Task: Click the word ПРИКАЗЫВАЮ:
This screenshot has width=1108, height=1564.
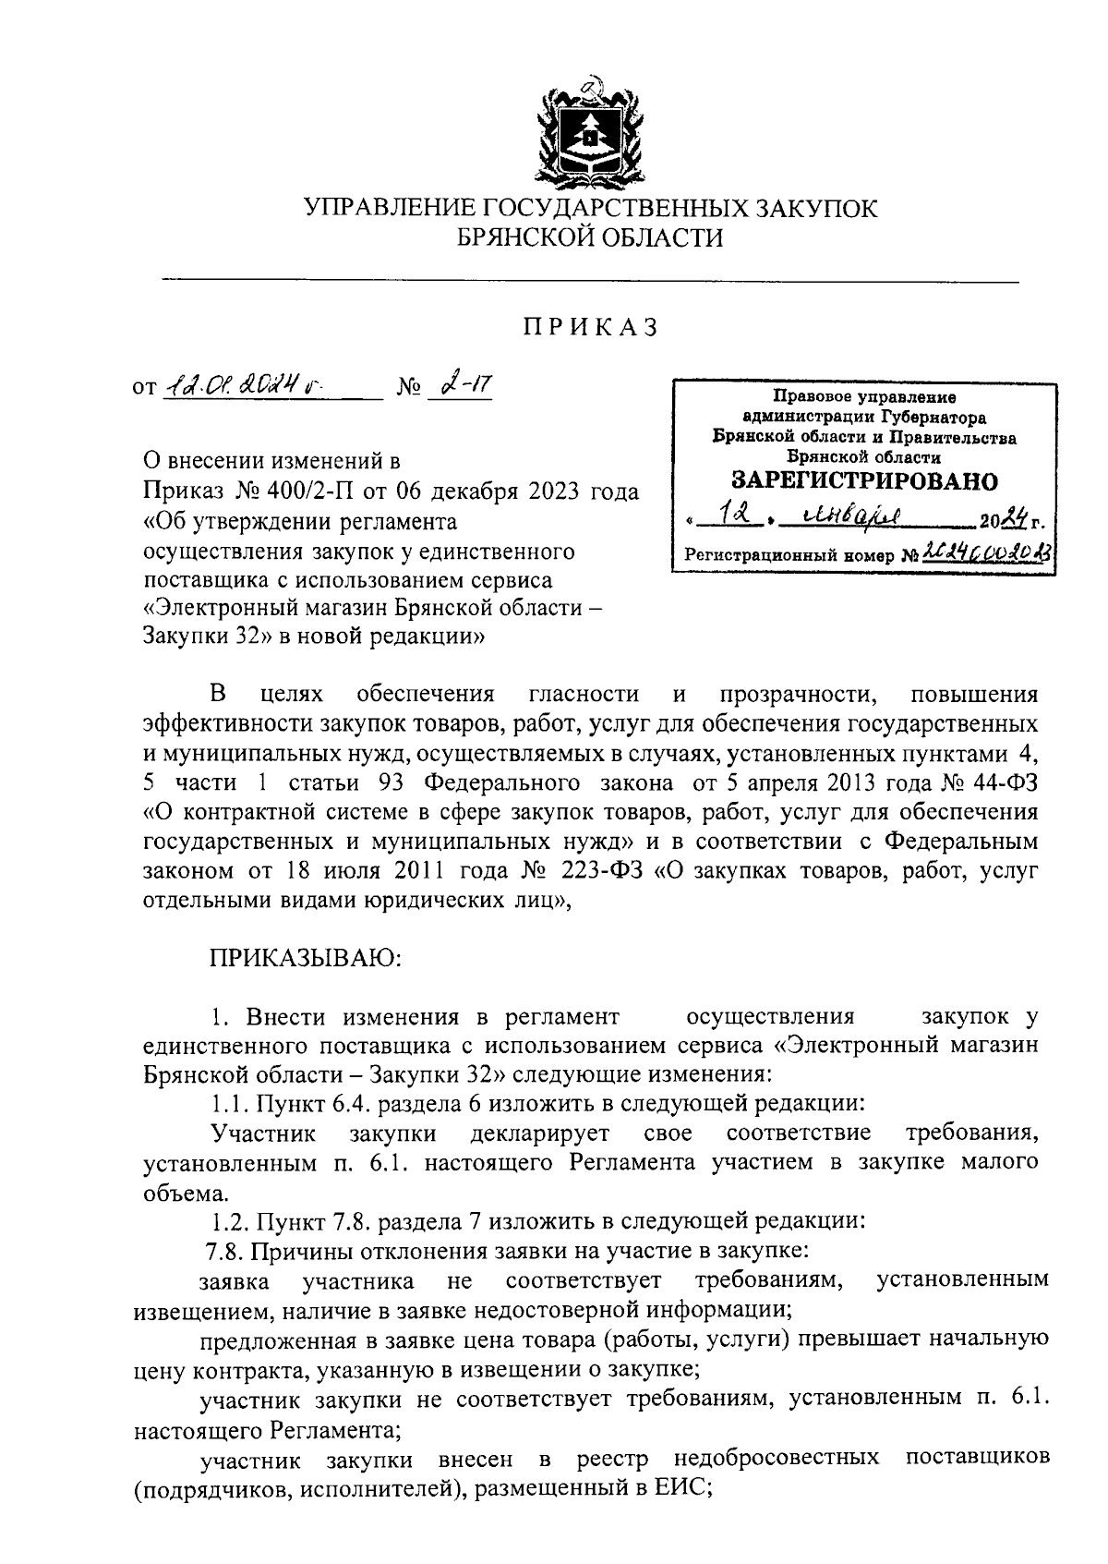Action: (x=305, y=957)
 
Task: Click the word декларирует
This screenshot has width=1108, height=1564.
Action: (x=539, y=1133)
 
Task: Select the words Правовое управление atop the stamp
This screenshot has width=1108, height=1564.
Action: (x=864, y=398)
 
